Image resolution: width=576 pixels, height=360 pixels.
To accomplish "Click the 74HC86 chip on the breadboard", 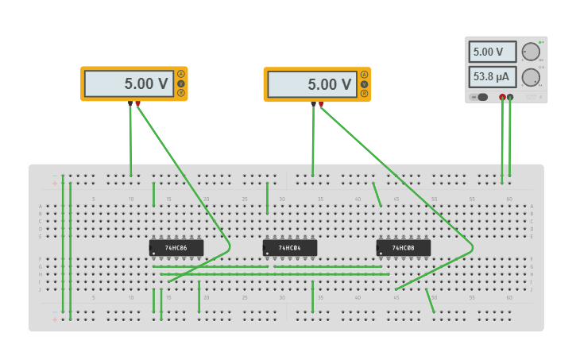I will [x=176, y=248].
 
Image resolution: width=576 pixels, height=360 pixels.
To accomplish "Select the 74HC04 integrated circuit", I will [x=290, y=248].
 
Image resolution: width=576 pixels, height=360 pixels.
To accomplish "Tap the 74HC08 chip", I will [x=404, y=248].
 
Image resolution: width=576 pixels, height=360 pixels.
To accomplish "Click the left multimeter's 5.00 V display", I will [x=129, y=83].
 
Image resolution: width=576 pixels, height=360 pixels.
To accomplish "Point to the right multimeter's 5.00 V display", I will [x=311, y=84].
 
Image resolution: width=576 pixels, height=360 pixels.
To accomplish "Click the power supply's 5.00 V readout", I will [x=492, y=52].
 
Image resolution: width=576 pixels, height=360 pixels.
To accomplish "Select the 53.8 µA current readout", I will [x=492, y=77].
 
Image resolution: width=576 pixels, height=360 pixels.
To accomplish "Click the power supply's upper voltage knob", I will [x=530, y=52].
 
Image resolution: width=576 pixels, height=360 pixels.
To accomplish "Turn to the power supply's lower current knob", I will [x=530, y=77].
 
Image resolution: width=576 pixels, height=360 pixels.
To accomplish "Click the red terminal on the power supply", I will [x=502, y=97].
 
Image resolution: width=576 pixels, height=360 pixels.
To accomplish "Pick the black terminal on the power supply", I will [x=510, y=97].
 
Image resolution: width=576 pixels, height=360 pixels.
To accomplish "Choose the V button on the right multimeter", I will [x=365, y=84].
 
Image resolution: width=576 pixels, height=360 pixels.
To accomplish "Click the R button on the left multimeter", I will [x=181, y=93].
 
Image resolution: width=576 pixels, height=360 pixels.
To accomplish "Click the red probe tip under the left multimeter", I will [x=137, y=103].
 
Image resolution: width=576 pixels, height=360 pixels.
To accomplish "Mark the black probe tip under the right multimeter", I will [x=314, y=104].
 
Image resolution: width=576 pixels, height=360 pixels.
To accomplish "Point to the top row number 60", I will [x=509, y=199].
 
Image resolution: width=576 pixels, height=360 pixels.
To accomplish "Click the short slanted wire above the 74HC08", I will [x=377, y=195].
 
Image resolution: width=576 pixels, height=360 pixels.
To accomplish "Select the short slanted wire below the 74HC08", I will [x=430, y=300].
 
